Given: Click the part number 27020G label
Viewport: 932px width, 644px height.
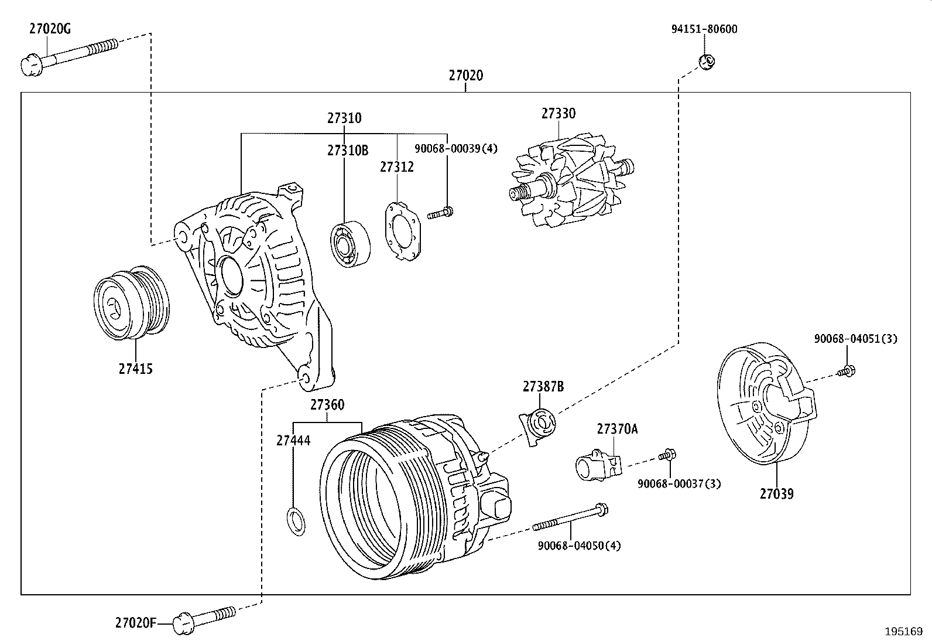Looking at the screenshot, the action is click(x=50, y=29).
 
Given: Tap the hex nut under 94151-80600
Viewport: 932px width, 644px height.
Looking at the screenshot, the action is click(x=707, y=62).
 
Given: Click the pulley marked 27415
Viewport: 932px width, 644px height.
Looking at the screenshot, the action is click(x=132, y=303).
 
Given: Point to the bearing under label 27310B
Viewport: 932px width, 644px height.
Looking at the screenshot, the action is click(x=350, y=244).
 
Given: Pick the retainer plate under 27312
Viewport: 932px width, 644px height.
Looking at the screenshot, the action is click(x=402, y=231).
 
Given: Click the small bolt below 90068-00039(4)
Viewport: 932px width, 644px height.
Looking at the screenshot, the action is click(x=440, y=213).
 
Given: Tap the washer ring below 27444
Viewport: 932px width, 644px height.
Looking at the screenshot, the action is click(x=296, y=522).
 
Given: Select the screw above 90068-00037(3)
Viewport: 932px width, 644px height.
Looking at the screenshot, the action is click(x=667, y=455).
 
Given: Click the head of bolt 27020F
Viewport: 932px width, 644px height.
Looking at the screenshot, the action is click(x=183, y=623).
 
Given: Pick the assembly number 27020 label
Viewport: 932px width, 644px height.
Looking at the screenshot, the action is click(x=466, y=76).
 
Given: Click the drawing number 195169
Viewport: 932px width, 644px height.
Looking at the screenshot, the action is click(x=904, y=632).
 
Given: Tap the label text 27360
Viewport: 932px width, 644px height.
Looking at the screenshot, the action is click(x=327, y=405).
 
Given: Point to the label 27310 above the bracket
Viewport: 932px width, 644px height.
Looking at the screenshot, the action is click(x=344, y=118).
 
